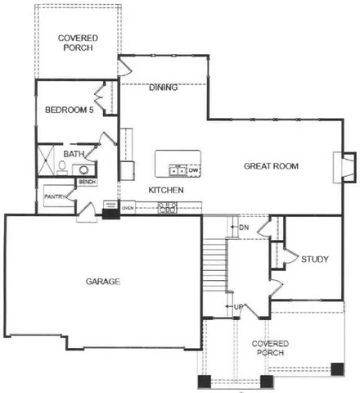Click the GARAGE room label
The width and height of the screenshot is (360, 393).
tap(103, 281)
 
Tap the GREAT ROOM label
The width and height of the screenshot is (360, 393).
tap(271, 166)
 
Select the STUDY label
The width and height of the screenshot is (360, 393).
tap(315, 260)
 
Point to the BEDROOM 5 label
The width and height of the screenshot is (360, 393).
tap(69, 110)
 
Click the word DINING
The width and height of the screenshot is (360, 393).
tap(164, 88)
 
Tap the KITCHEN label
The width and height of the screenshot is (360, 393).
tap(165, 191)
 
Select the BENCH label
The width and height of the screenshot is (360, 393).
tap(88, 182)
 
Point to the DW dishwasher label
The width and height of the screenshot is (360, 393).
tap(194, 170)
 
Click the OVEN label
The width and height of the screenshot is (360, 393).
tap(128, 208)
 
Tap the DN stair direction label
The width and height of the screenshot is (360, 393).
tap(243, 227)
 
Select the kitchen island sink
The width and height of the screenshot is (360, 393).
tap(177, 170)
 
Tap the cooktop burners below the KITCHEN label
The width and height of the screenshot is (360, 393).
tap(168, 209)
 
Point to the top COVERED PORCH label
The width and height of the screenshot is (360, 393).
tap(79, 43)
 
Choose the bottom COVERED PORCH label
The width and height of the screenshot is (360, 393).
tap(268, 347)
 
